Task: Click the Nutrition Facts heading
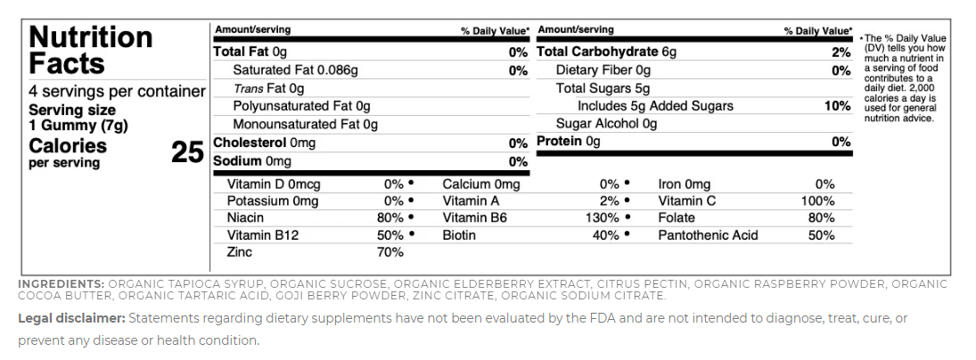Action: [x=90, y=50]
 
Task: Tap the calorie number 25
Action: [x=187, y=152]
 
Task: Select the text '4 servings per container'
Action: [x=117, y=92]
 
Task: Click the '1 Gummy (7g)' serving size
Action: [x=78, y=125]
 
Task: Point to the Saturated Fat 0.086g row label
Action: [x=295, y=70]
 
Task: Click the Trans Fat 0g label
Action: [x=268, y=88]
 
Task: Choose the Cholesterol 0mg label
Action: [x=264, y=143]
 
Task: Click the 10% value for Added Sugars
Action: [x=837, y=106]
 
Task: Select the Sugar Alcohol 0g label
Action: [x=606, y=124]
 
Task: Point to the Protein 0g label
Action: [x=569, y=142]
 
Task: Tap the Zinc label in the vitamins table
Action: [x=241, y=252]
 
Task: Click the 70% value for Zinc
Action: [x=390, y=252]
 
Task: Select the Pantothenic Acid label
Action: [x=708, y=235]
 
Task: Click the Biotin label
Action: [x=459, y=235]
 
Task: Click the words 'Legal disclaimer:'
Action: [x=71, y=318]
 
